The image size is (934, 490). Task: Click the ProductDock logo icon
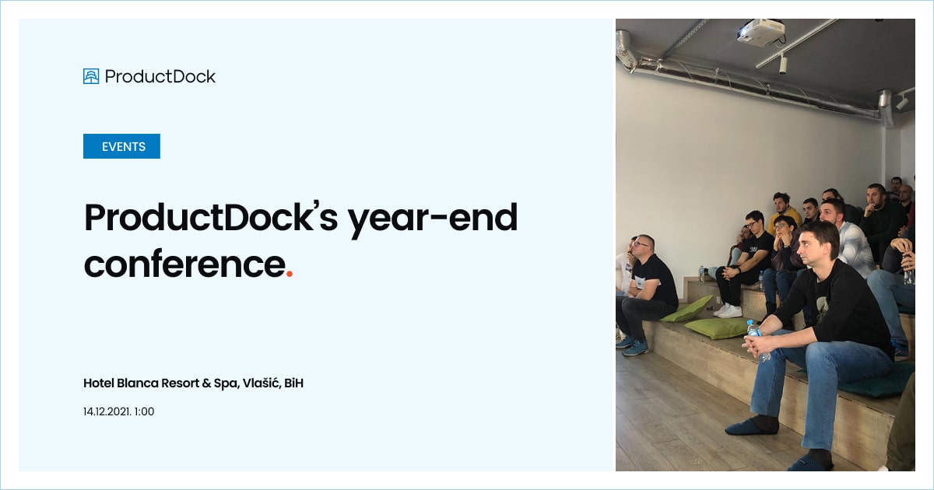tap(91, 76)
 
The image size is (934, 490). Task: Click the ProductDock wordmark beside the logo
tap(160, 76)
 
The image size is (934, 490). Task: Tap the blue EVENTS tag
tap(122, 146)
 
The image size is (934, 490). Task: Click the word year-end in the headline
tap(432, 218)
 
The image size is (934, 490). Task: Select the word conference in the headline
tap(184, 264)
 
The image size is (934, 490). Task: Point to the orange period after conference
tap(290, 274)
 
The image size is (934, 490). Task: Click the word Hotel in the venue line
tap(99, 383)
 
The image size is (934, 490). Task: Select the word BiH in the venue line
tap(293, 383)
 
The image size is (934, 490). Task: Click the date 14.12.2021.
tap(107, 411)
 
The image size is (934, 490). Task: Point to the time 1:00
tap(145, 411)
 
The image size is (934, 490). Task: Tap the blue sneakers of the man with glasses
tap(633, 345)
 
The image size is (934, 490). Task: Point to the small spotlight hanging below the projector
tap(783, 65)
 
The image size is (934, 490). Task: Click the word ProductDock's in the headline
tap(211, 218)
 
